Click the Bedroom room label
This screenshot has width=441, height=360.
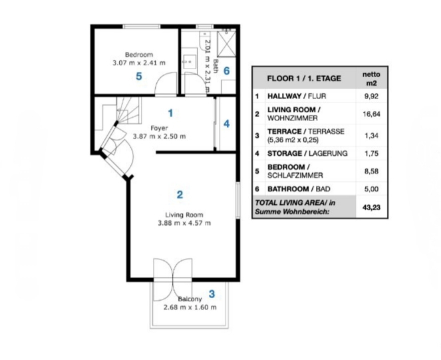(139, 55)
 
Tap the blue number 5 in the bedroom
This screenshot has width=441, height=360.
(139, 76)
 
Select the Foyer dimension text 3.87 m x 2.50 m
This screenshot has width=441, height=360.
(159, 136)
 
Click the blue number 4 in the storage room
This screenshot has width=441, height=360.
(226, 124)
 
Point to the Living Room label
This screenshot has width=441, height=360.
(184, 215)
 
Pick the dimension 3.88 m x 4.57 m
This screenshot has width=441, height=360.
(184, 223)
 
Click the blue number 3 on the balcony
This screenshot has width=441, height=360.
(212, 294)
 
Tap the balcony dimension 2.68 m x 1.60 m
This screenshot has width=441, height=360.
(190, 307)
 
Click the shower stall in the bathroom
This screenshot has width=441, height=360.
(226, 44)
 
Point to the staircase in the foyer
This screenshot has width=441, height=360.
(128, 110)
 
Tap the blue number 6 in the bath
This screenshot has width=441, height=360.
(227, 71)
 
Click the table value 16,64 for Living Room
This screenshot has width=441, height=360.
(371, 114)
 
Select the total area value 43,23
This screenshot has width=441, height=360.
(371, 208)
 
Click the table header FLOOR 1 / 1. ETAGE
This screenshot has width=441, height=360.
(304, 79)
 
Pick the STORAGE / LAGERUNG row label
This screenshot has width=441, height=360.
(307, 154)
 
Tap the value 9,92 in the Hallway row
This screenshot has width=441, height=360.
(371, 96)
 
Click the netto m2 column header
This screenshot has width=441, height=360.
(371, 79)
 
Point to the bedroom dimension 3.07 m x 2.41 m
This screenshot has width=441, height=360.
(139, 63)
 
